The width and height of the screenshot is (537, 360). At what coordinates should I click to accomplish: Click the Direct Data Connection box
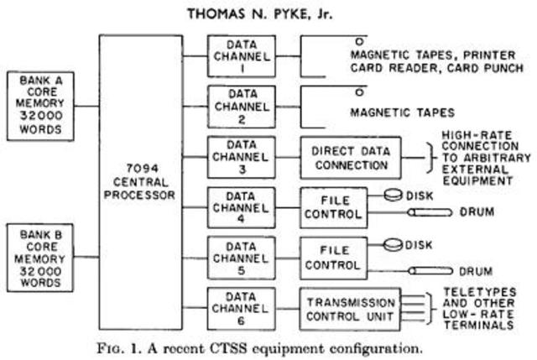pos(351,158)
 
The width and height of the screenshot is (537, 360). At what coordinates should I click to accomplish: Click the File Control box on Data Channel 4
pos(334,206)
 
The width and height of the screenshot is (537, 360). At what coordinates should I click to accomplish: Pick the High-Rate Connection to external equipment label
pos(483,158)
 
